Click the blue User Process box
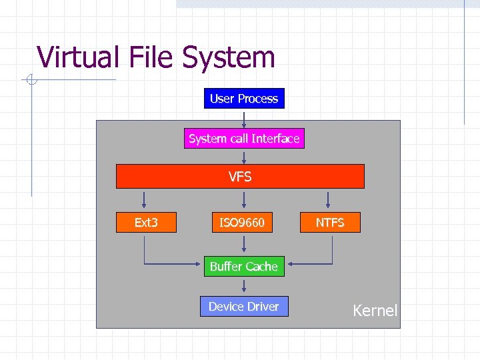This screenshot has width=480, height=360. point(244,99)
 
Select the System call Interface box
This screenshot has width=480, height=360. point(244,139)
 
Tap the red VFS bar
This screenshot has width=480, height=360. point(240,177)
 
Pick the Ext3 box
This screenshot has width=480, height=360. point(146,222)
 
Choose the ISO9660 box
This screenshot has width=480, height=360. point(242,222)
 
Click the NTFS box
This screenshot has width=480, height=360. point(329,222)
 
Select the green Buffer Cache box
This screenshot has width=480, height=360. point(244,266)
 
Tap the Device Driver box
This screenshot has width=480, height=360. point(244,306)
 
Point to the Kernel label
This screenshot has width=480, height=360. point(375,310)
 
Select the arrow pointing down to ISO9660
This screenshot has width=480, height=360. point(244,201)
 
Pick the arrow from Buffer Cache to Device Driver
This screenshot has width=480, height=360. point(244,287)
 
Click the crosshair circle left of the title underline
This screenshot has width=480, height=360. point(31,81)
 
